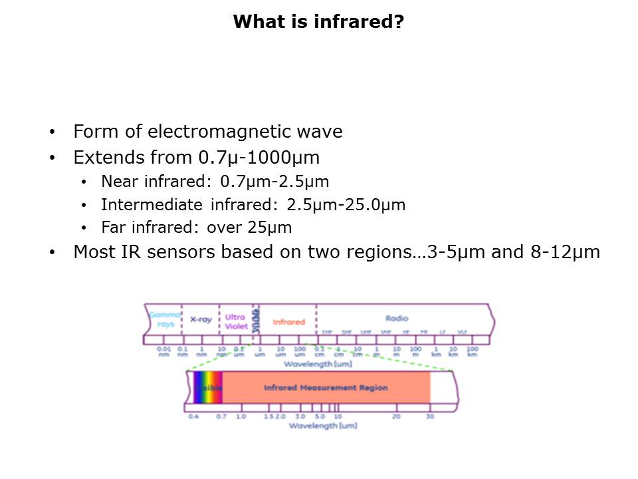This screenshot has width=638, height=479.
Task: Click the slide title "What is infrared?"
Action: pos(318,22)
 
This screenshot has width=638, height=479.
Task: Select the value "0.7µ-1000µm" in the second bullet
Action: pos(259,158)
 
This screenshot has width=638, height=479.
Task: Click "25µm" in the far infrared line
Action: pos(270,228)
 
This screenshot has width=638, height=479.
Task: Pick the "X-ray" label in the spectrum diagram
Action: pos(201,319)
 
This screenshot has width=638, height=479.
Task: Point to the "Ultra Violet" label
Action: pos(235,321)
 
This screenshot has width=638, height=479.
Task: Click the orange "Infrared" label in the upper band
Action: pos(288,321)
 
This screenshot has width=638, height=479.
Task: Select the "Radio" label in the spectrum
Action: pos(397,319)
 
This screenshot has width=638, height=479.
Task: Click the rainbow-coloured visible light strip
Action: pos(207,387)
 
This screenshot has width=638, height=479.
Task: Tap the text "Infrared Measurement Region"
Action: pos(326,387)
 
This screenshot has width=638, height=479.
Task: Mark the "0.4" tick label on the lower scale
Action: pos(193,416)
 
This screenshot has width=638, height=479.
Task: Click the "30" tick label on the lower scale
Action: pos(430,416)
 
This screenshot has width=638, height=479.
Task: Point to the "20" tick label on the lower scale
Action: pos(396,416)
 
